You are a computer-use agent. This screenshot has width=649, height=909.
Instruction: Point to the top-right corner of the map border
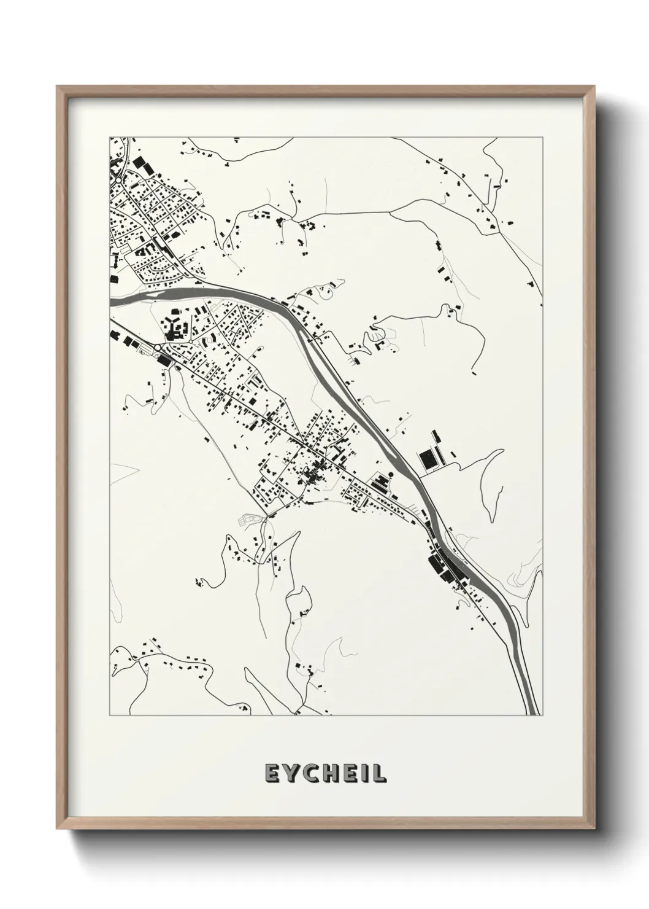click(x=542, y=137)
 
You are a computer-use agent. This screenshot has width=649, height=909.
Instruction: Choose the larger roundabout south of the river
click(x=158, y=348)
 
